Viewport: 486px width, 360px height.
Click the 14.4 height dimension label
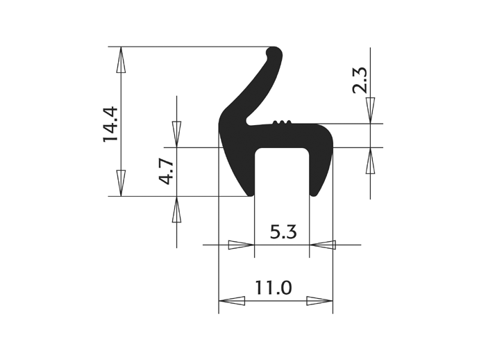tap(110, 124)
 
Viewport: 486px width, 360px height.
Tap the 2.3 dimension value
tap(360, 81)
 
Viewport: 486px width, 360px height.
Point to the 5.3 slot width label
tap(283, 232)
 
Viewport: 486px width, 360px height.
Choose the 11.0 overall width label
tap(274, 288)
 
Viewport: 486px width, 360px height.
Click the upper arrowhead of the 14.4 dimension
tap(121, 60)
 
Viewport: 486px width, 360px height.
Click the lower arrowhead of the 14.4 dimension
tap(121, 183)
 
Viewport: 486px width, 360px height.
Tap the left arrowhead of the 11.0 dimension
tap(232, 301)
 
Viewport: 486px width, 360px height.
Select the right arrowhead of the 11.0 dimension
tap(319, 301)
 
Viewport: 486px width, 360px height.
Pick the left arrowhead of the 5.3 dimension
tap(241, 245)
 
